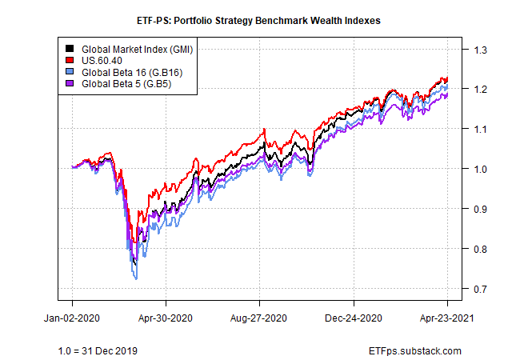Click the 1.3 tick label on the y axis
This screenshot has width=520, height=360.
pos(481,50)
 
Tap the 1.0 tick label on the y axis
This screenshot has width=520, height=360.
pos(481,169)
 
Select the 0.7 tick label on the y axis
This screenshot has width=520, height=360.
pos(481,289)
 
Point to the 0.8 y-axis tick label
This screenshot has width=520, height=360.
pos(481,249)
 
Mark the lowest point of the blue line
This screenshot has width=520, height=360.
pos(137,278)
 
